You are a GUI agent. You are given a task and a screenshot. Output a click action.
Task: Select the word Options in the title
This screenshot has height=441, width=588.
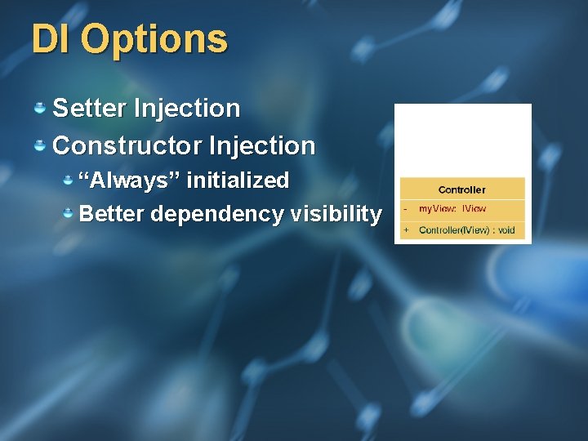(154, 38)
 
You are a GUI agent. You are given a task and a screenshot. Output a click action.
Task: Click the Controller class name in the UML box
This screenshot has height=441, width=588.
(461, 189)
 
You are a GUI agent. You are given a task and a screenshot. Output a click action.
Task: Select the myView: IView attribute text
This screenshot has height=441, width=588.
(452, 209)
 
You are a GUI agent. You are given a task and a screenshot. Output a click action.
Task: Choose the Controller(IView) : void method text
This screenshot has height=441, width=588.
(466, 230)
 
